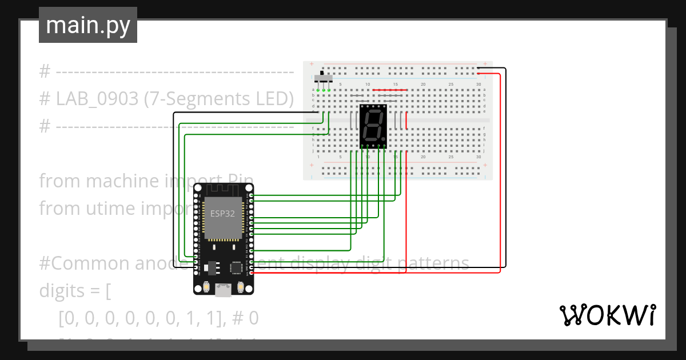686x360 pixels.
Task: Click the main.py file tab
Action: coord(88,25)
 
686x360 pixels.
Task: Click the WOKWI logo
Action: coord(607,315)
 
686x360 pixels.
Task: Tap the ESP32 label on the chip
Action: coord(222,213)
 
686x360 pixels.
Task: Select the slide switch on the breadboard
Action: coord(324,77)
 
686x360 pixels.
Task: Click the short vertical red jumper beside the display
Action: coord(406,121)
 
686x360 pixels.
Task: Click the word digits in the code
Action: coord(65,291)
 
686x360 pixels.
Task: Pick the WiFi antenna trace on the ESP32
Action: coord(223,189)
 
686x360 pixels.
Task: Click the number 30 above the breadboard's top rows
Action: coord(478,85)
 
